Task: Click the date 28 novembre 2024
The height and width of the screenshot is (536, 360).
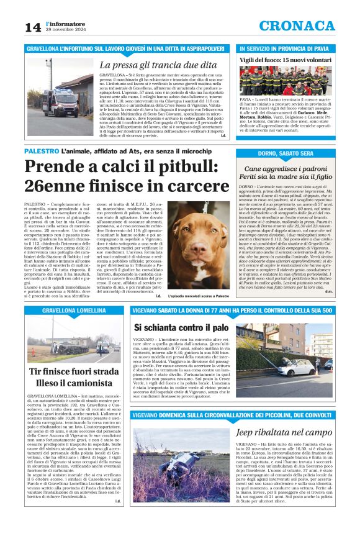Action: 65,30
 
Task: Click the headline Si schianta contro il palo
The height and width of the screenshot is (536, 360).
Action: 181,327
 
